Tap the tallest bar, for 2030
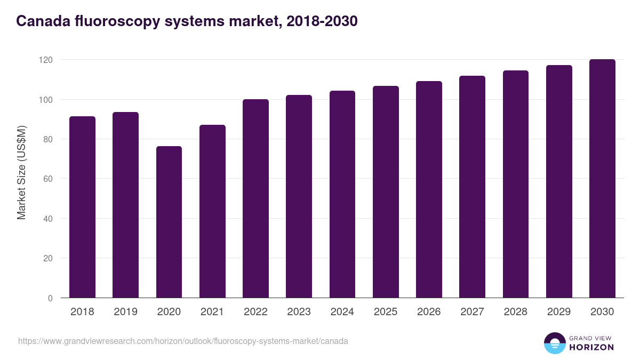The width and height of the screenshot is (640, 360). click(x=602, y=179)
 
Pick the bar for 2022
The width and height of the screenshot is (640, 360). click(x=255, y=198)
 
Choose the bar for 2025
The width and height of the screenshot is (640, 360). click(x=386, y=192)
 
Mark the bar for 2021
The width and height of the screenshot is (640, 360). click(x=212, y=211)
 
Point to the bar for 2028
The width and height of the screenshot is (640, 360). click(x=516, y=184)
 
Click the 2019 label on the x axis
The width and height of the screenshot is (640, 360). click(x=125, y=312)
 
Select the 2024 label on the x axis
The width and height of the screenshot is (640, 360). click(x=342, y=312)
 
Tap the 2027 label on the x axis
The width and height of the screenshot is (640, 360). click(x=472, y=312)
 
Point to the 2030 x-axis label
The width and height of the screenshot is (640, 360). click(x=602, y=312)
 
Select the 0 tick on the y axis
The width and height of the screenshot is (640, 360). click(x=50, y=298)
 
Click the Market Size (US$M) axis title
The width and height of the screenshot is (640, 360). click(x=21, y=172)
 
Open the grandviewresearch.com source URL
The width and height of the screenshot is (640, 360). click(x=183, y=341)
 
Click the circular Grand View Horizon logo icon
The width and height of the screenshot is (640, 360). click(x=555, y=343)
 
